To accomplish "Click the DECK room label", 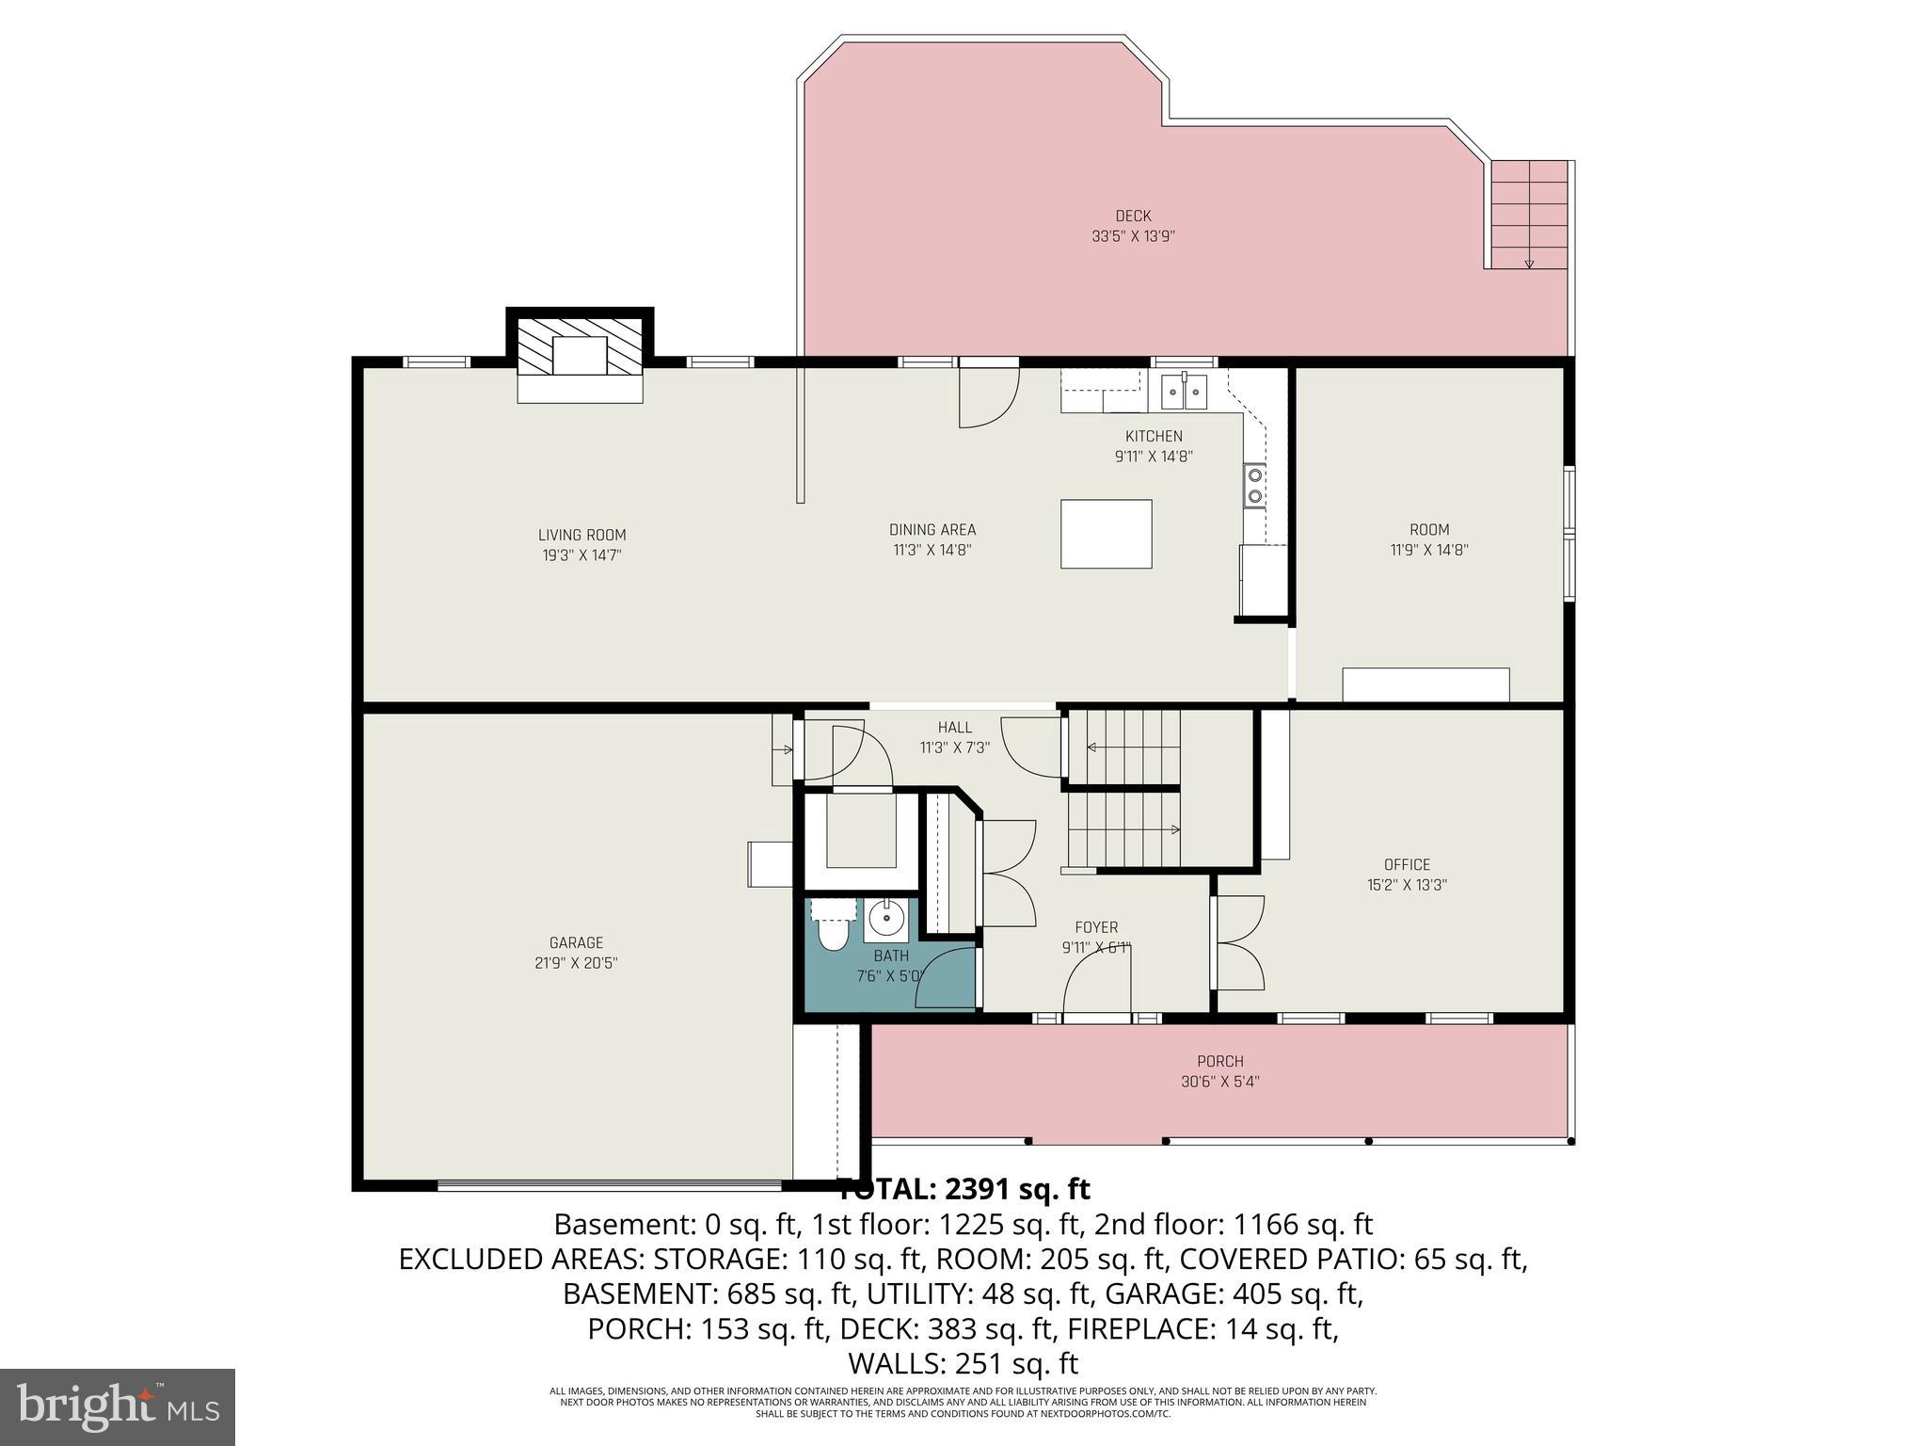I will [1133, 216].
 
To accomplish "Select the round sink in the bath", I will [885, 916].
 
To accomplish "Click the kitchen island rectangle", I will [1106, 534].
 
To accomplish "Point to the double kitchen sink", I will [1183, 391].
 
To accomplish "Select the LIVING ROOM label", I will [581, 535].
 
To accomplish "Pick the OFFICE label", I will [1407, 864].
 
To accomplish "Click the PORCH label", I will [1219, 1061].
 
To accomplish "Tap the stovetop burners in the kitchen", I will [1254, 486].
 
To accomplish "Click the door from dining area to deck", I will [988, 395].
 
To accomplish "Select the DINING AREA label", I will [932, 529].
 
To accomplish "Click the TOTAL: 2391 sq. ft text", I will [963, 1189].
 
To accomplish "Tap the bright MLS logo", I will [118, 1406].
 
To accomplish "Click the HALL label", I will [954, 727].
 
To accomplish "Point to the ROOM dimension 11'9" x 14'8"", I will [1428, 550].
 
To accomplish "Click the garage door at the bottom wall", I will [610, 1185].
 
